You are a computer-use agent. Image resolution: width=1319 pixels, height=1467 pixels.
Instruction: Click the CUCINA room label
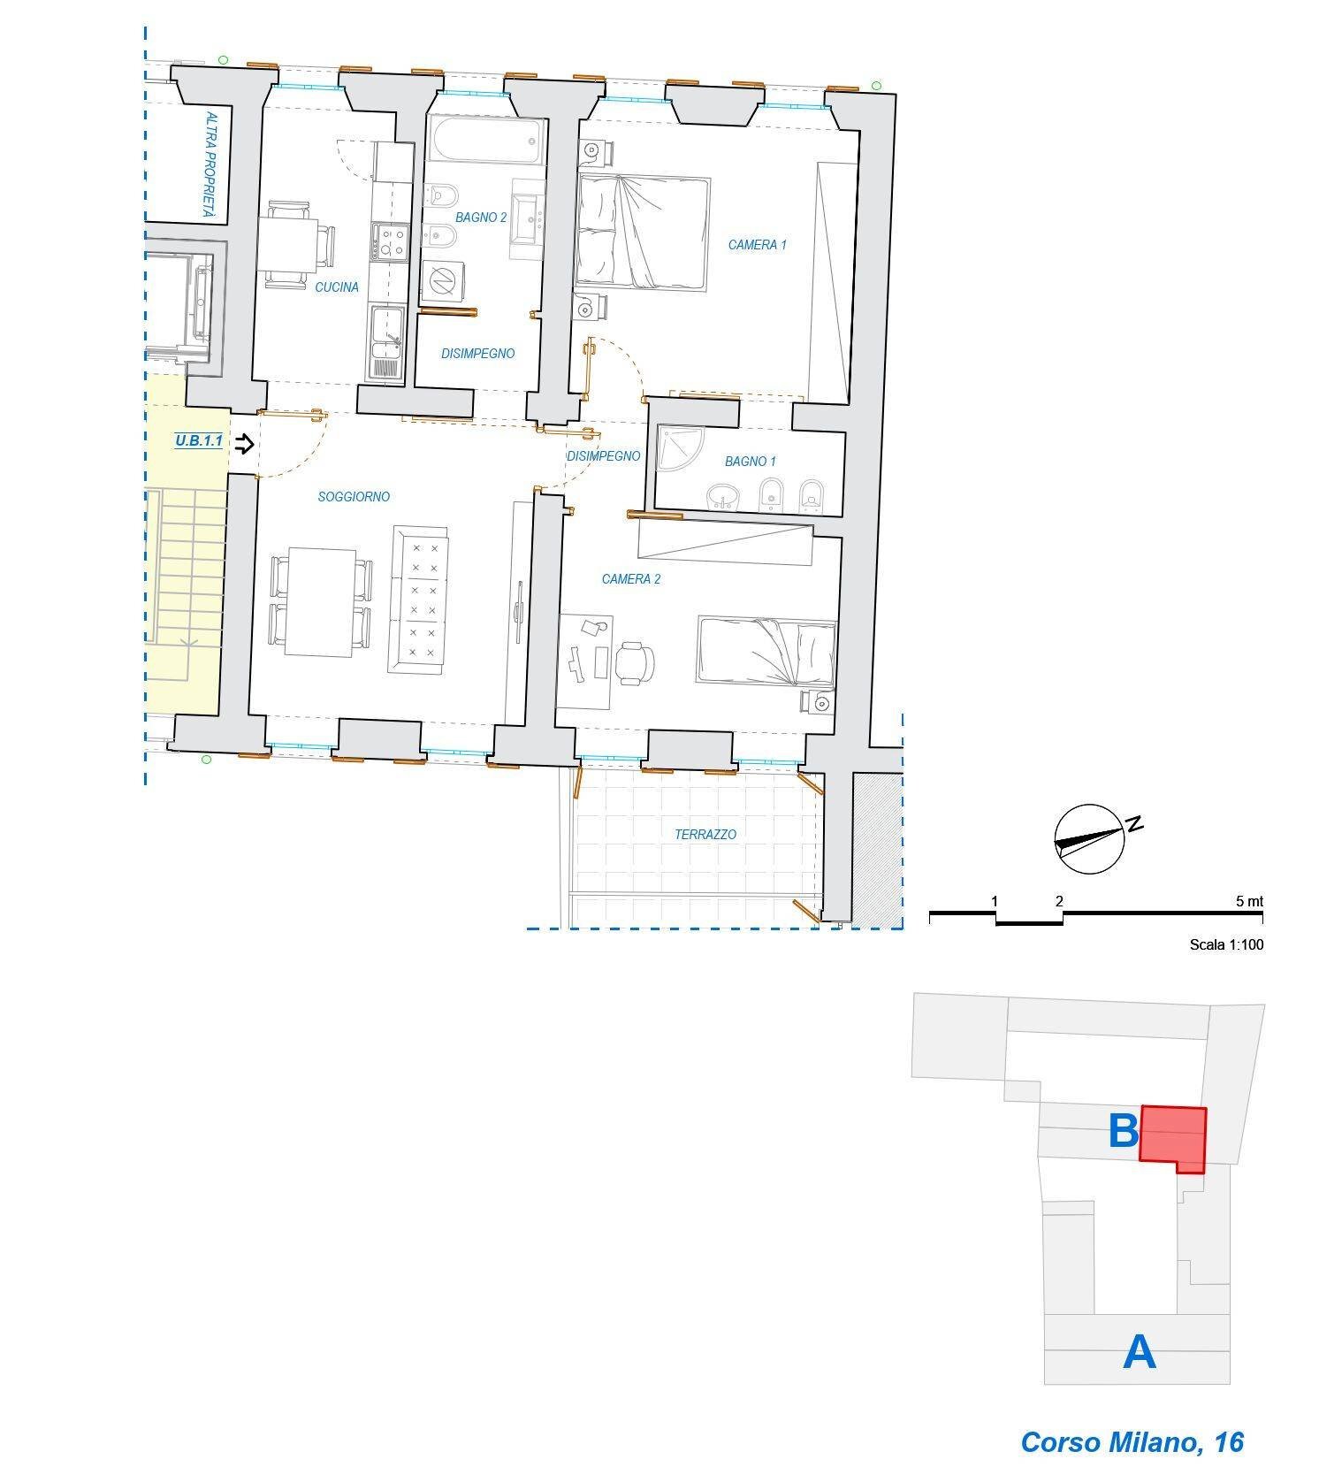[x=337, y=287]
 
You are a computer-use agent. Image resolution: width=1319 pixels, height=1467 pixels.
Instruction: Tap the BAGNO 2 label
[x=481, y=218]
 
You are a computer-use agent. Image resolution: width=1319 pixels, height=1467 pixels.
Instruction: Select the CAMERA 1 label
[x=757, y=245]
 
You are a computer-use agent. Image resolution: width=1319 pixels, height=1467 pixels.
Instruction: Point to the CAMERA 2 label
[x=631, y=579]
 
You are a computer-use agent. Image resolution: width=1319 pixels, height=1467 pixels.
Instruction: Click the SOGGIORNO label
[x=354, y=497]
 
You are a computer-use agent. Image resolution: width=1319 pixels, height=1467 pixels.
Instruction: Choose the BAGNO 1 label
[x=751, y=462]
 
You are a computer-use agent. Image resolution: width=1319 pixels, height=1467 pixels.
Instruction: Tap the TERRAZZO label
[x=705, y=834]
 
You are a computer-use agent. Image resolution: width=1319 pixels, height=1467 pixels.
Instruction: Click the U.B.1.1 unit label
[x=199, y=440]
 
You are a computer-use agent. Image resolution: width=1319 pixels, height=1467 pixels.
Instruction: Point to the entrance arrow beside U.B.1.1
[x=245, y=444]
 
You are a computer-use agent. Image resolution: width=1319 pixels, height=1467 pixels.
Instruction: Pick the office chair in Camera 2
[x=635, y=662]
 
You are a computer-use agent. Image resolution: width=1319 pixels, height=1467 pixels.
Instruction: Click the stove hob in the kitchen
[x=390, y=242]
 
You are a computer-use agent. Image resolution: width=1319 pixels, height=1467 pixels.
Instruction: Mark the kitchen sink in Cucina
[x=387, y=344]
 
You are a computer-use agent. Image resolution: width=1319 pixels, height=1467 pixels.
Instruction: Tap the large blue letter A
[x=1140, y=1352]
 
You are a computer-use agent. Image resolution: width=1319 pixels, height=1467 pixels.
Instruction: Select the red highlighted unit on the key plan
[x=1172, y=1138]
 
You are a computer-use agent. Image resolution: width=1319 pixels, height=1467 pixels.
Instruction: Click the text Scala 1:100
[x=1226, y=944]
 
